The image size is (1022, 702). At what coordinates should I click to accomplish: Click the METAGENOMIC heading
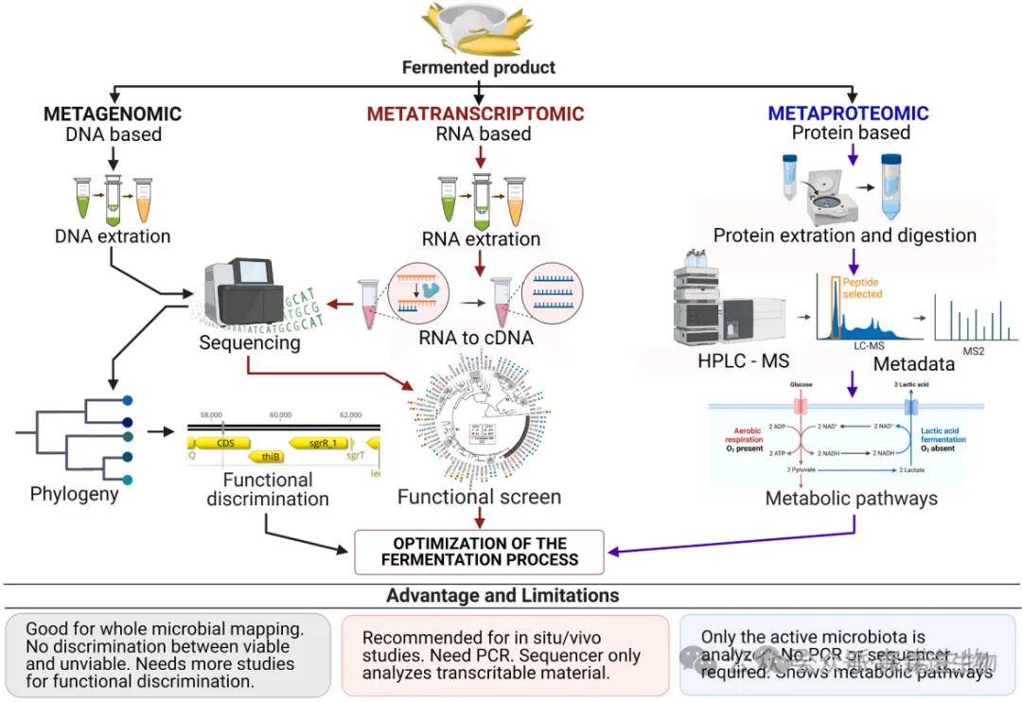point(113,114)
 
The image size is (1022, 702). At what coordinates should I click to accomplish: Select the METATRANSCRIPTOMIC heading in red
point(476,114)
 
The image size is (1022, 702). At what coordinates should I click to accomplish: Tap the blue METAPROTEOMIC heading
point(848,114)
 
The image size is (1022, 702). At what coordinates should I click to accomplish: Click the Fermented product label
point(479,67)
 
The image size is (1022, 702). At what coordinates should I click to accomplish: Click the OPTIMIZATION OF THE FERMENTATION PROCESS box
point(479,552)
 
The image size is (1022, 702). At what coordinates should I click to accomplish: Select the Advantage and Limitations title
point(502,595)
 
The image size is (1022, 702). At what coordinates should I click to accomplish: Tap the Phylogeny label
point(75,494)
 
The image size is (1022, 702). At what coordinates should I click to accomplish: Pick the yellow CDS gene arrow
point(223,442)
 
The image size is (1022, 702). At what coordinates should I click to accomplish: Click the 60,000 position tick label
point(280,415)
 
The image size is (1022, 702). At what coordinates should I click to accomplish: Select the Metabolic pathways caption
point(851,498)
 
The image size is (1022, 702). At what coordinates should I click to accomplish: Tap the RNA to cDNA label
point(475,339)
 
